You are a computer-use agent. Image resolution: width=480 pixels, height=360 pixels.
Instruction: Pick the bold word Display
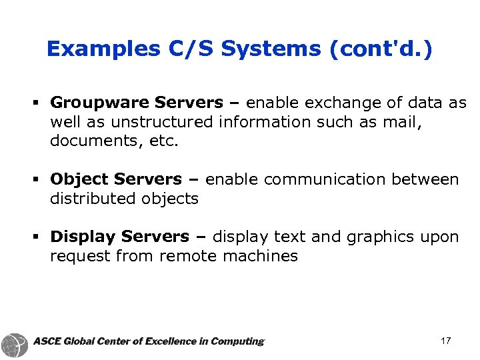click(83, 237)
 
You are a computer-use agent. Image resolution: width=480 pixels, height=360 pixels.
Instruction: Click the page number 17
click(446, 341)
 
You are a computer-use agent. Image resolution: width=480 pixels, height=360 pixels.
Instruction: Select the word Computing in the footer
click(237, 342)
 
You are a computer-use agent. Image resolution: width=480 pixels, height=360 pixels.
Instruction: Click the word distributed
click(93, 199)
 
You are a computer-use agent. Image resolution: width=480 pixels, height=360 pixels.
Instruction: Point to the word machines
click(262, 256)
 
